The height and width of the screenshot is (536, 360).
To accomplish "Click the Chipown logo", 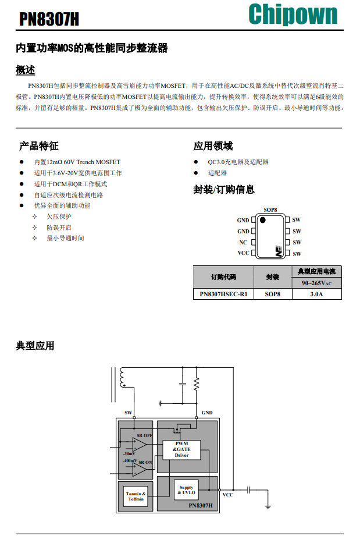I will (293, 14).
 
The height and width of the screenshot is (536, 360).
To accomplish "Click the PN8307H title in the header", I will (49, 20).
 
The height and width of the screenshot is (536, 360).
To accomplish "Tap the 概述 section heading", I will (26, 70).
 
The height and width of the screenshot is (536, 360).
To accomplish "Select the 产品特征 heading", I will (39, 145).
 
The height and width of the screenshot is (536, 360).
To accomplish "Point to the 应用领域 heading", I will (213, 145).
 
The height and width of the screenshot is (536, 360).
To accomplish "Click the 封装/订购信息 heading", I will (224, 190).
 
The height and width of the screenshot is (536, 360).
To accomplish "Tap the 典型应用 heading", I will (35, 346).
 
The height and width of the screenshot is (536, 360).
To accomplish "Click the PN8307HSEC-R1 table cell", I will (223, 294).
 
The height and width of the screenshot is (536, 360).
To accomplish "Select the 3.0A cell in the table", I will (316, 294).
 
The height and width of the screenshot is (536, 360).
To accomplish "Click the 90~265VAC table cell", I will (316, 283).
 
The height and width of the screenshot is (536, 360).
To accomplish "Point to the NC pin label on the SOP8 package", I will (243, 242).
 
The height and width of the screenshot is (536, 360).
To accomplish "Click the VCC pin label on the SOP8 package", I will (243, 253).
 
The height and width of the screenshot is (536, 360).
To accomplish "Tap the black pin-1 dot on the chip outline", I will (263, 220).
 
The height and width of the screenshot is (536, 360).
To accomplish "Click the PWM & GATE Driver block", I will (181, 449).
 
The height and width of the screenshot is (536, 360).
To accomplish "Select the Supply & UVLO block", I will (186, 490).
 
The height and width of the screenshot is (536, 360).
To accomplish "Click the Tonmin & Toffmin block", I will (136, 496).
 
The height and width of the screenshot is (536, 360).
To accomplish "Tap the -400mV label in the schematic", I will (129, 461).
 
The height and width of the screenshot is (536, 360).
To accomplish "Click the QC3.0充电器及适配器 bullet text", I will (238, 162).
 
